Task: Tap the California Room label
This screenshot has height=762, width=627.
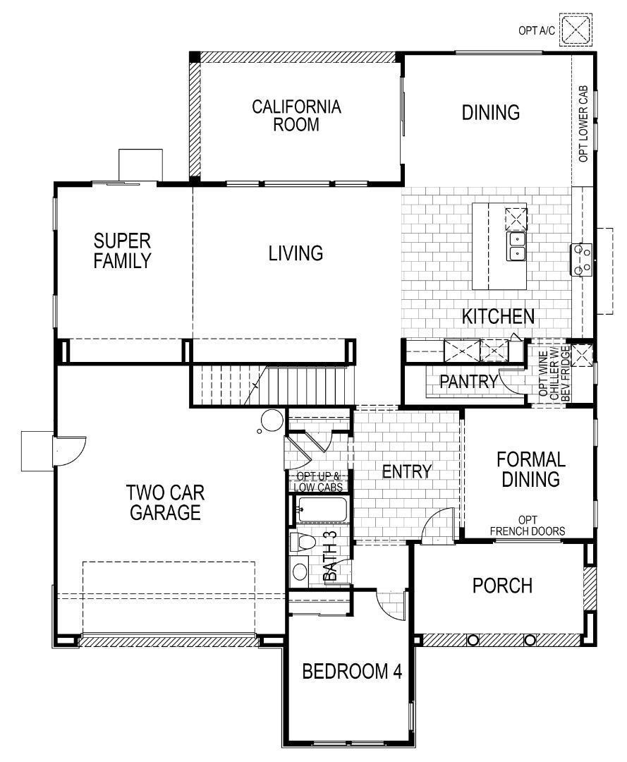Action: pos(296,116)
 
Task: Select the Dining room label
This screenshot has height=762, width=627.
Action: pos(491,112)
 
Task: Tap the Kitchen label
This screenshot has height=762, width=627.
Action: pos(498,316)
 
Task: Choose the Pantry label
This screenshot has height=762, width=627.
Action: pos(468,382)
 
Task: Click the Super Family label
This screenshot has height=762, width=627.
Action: pos(123,250)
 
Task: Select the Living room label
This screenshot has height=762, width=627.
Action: pos(296,253)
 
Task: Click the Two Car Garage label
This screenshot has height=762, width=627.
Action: pos(163,502)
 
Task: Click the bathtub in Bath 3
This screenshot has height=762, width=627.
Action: pos(322,508)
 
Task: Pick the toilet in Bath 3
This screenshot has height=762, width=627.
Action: pos(303,543)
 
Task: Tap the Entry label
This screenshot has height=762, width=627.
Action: pos(406,471)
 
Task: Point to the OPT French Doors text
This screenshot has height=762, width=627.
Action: pos(528,526)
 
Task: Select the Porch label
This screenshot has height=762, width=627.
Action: pos(502,586)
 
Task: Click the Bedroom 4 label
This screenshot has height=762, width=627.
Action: pos(352,671)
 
